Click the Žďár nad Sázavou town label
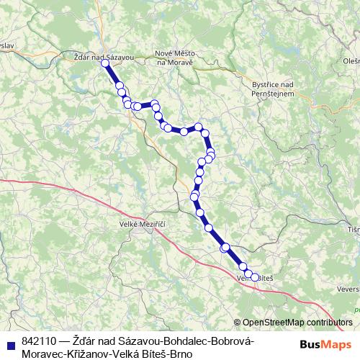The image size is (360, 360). click(103, 55)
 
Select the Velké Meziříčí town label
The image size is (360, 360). click(143, 225)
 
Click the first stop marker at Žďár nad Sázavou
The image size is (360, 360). click(105, 63)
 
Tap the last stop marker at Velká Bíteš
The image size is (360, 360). click(255, 277)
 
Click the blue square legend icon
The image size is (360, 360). click(9, 342)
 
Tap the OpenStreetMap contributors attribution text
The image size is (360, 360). click(297, 323)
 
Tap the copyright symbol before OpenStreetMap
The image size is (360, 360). click(238, 323)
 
